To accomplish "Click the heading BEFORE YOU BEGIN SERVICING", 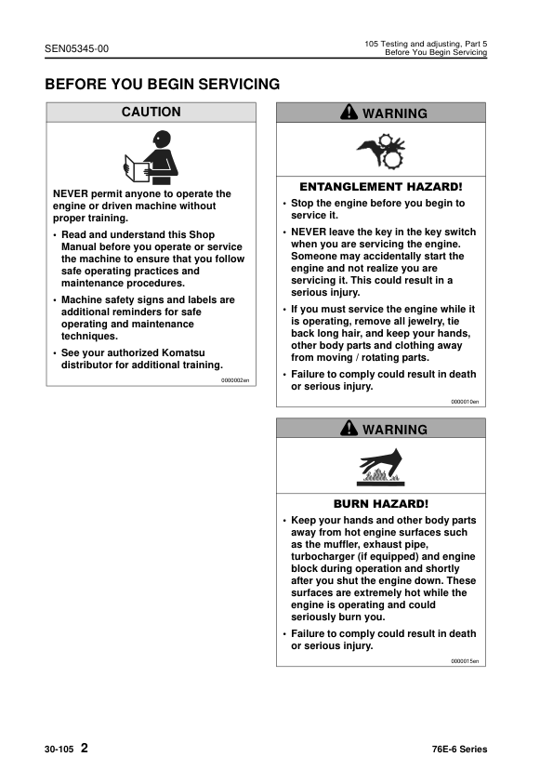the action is coord(163,85).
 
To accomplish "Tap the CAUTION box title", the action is coord(151,113).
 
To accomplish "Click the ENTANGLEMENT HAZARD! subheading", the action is coord(381,186).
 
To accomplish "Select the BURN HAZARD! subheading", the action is coord(381,504).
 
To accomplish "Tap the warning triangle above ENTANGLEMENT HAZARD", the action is coord(349,113).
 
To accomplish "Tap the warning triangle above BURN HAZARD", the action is coord(349,429).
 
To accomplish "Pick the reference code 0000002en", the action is coord(235,380).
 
